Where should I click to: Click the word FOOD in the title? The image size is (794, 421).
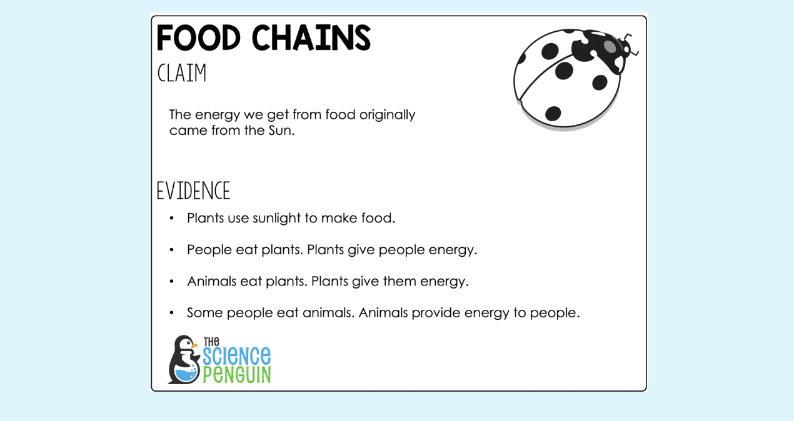198,39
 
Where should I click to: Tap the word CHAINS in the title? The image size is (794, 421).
311,39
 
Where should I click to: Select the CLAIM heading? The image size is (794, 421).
181,74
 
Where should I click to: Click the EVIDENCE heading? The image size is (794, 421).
193,191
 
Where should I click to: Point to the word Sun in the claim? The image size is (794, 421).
279,131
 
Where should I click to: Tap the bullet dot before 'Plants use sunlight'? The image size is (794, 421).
171,219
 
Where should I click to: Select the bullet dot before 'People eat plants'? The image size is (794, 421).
171,250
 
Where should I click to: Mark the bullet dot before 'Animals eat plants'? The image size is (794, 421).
171,281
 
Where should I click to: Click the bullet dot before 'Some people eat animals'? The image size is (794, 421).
171,312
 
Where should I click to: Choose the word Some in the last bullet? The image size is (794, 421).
204,312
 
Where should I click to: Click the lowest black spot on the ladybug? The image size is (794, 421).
553,114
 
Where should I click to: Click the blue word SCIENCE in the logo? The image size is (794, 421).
237,355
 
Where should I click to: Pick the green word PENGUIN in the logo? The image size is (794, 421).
237,374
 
